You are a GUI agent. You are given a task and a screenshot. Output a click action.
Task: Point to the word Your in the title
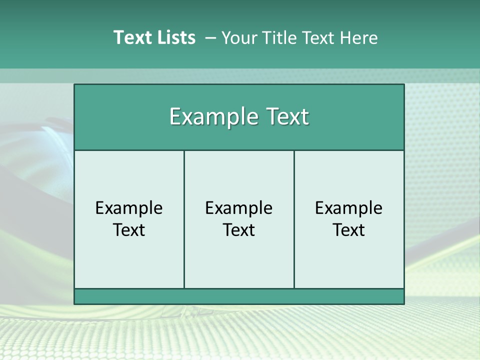(x=237, y=38)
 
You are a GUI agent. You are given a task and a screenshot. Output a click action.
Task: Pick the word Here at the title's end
(x=359, y=38)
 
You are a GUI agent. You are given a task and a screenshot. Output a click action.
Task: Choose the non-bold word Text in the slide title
(x=317, y=38)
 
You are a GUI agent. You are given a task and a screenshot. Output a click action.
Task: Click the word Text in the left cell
(x=129, y=230)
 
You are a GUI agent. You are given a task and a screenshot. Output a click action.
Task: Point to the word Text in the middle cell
(x=239, y=230)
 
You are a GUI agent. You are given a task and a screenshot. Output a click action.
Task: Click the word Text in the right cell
(x=349, y=230)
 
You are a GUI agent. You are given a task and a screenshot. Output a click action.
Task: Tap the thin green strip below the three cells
(x=239, y=296)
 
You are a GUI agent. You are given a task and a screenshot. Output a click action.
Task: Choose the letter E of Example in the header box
(x=175, y=117)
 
